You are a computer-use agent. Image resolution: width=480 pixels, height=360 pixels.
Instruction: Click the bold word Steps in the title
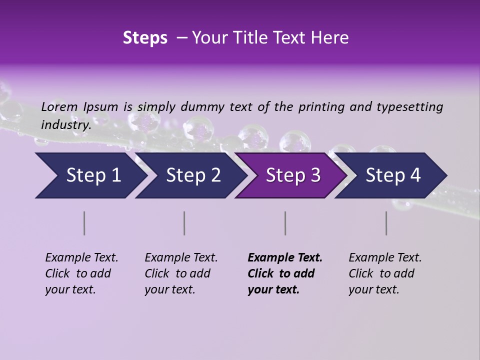tap(145, 38)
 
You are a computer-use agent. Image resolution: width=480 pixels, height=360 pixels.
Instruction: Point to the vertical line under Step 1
tap(84, 223)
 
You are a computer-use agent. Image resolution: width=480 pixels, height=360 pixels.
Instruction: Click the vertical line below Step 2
tap(184, 223)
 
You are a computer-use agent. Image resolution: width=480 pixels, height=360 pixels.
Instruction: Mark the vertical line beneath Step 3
tap(285, 223)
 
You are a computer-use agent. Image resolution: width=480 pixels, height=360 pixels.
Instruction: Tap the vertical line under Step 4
tap(386, 223)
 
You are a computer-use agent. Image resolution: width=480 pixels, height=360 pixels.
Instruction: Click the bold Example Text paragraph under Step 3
tap(285, 273)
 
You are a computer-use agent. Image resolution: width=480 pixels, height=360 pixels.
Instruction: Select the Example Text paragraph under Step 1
tap(81, 273)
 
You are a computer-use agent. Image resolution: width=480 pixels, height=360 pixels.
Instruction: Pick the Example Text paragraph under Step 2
tap(181, 273)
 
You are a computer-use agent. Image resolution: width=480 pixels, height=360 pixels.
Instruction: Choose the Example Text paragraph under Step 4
tap(385, 273)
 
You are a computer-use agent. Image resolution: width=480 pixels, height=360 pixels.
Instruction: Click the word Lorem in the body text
tap(59, 106)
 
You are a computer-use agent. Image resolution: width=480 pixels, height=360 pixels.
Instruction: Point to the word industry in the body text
tap(65, 124)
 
